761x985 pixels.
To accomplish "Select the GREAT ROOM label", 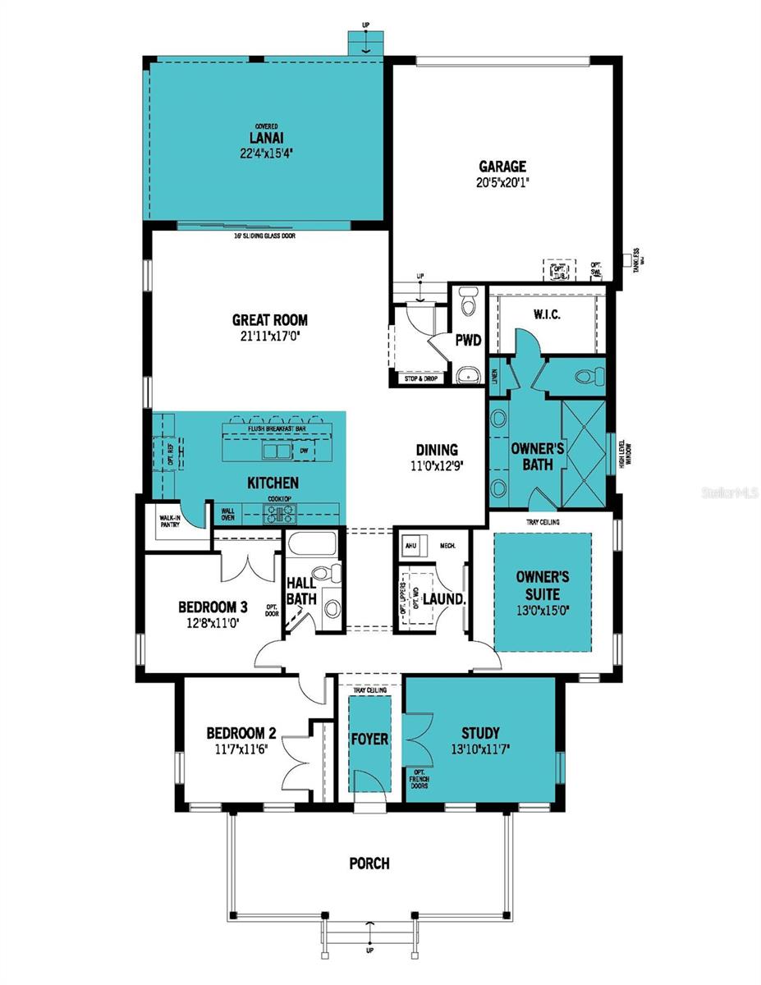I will coord(269,320).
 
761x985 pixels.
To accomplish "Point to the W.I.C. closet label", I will coord(547,314).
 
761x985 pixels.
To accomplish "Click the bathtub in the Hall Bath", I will coord(311,544).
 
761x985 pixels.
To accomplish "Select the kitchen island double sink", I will coord(276,451).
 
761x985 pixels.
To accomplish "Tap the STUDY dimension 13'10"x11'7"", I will coord(479,749).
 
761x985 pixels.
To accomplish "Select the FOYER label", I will coord(369,739).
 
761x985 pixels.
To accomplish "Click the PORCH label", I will coord(369,864).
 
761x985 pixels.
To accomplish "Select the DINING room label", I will coord(436,450).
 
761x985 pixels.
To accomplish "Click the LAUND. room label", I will coord(444,599).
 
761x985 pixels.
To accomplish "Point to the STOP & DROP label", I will coord(420,378).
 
